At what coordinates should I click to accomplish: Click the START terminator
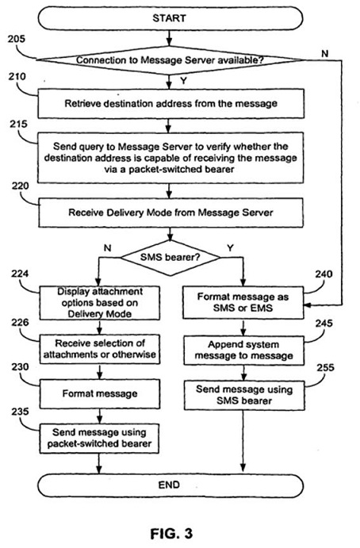click(x=170, y=18)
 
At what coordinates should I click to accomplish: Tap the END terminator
click(x=170, y=485)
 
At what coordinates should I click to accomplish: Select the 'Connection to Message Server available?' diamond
click(x=170, y=60)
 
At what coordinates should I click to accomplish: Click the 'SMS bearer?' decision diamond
click(x=170, y=258)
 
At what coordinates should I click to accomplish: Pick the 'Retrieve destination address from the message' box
click(x=171, y=103)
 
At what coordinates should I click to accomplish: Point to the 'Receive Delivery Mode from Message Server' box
click(x=171, y=213)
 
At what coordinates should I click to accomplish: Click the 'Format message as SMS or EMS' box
click(x=243, y=302)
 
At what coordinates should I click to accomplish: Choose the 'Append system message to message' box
click(x=244, y=351)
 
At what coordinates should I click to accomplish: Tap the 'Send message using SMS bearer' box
click(x=244, y=395)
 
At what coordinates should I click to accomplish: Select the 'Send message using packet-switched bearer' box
click(x=100, y=439)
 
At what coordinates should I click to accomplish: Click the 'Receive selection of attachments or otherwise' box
click(x=100, y=349)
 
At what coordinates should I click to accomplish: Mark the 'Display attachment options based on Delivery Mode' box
click(x=100, y=303)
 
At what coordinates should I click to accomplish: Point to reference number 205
click(x=17, y=39)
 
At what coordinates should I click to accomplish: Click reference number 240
click(x=324, y=274)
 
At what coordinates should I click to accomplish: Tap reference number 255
click(x=325, y=368)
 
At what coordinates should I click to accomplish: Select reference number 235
click(x=20, y=412)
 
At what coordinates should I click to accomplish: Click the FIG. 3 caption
click(x=171, y=534)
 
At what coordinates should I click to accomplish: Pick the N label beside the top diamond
click(x=325, y=53)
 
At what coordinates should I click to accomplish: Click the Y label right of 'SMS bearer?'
click(x=230, y=247)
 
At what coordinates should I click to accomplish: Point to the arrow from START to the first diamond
click(x=170, y=38)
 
